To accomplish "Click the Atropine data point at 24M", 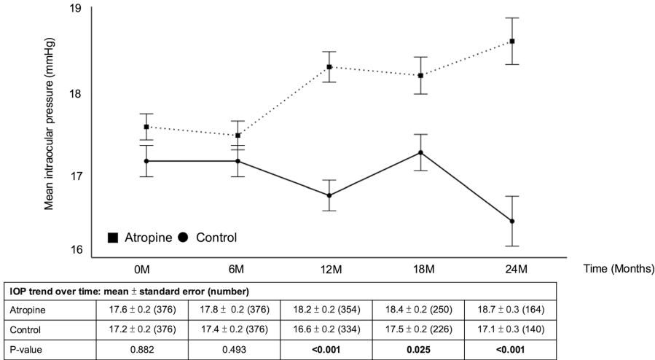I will click(513, 41).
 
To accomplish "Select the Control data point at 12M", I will click(329, 195).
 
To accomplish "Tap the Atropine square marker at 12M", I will click(329, 67).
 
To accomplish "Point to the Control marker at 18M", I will click(421, 152).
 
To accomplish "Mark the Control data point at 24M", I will click(513, 221).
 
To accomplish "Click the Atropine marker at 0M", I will click(146, 127).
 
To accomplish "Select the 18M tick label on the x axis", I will click(421, 269).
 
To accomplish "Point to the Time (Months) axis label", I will click(619, 269).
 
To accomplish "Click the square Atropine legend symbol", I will click(113, 237).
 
